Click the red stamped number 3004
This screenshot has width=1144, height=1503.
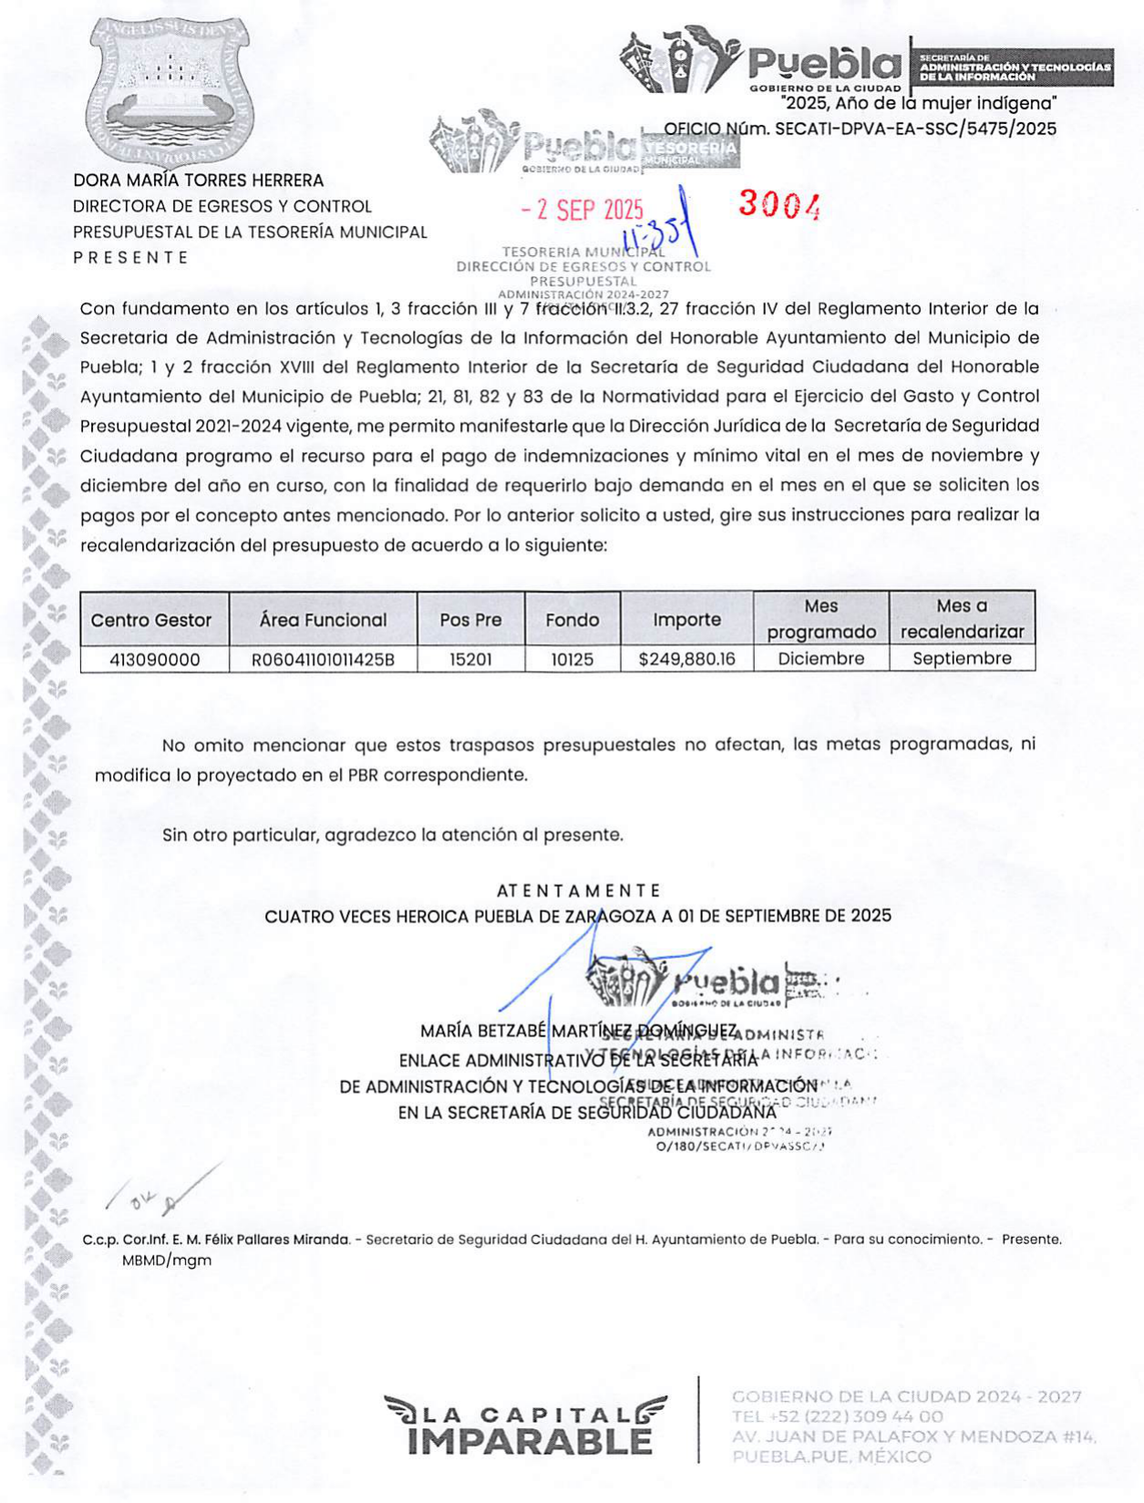779,205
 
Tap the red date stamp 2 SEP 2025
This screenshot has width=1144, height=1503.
582,211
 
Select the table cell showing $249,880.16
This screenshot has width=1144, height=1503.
686,658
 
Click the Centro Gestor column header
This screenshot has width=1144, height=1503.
151,620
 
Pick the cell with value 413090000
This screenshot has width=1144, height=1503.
154,658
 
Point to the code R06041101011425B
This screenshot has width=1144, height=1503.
323,658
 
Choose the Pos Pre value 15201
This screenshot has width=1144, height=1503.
470,658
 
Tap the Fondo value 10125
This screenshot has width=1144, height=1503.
572,658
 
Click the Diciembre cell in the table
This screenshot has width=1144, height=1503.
820,658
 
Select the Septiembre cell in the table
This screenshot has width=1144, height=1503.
962,658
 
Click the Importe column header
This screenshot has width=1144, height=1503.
686,620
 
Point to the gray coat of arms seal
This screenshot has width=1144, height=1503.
170,88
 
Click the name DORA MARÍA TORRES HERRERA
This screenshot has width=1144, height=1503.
199,180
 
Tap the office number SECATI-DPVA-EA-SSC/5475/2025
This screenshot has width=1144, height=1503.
915,129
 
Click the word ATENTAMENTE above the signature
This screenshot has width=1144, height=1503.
579,890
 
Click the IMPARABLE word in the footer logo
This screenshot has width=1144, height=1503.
530,1441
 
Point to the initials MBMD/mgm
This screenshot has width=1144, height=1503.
167,1261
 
